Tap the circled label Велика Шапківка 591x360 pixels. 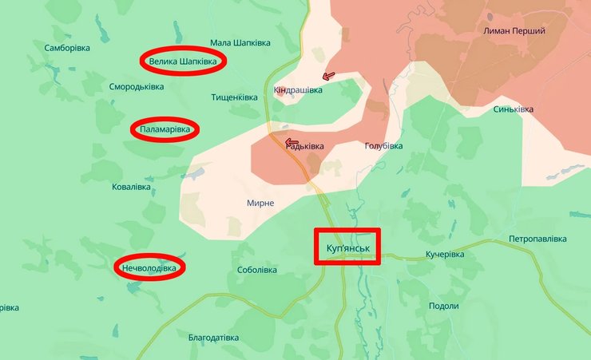(183, 61)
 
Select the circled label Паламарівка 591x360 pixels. (165, 129)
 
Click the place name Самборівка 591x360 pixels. (67, 48)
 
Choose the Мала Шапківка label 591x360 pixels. (240, 42)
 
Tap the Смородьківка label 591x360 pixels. (137, 86)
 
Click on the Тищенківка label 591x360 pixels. (234, 97)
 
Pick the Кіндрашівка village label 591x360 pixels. (298, 90)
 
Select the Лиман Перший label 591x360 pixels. (514, 30)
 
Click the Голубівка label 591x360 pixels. (383, 146)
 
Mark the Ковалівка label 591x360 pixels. (132, 187)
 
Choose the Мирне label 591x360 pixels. (260, 204)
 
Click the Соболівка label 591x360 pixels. (257, 270)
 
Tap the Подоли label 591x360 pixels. (443, 306)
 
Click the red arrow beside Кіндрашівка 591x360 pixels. (327, 77)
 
